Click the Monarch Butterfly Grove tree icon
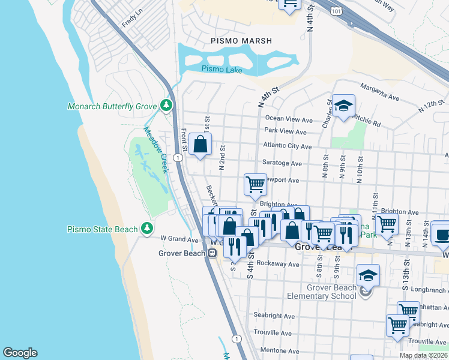point(166,106)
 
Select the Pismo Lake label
point(221,69)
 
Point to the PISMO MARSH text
point(241,41)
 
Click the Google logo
point(20,353)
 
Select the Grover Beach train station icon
point(212,253)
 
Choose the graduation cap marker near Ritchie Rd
point(343,106)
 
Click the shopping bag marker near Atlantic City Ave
point(200,144)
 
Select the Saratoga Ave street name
point(282,163)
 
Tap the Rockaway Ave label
point(277,264)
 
